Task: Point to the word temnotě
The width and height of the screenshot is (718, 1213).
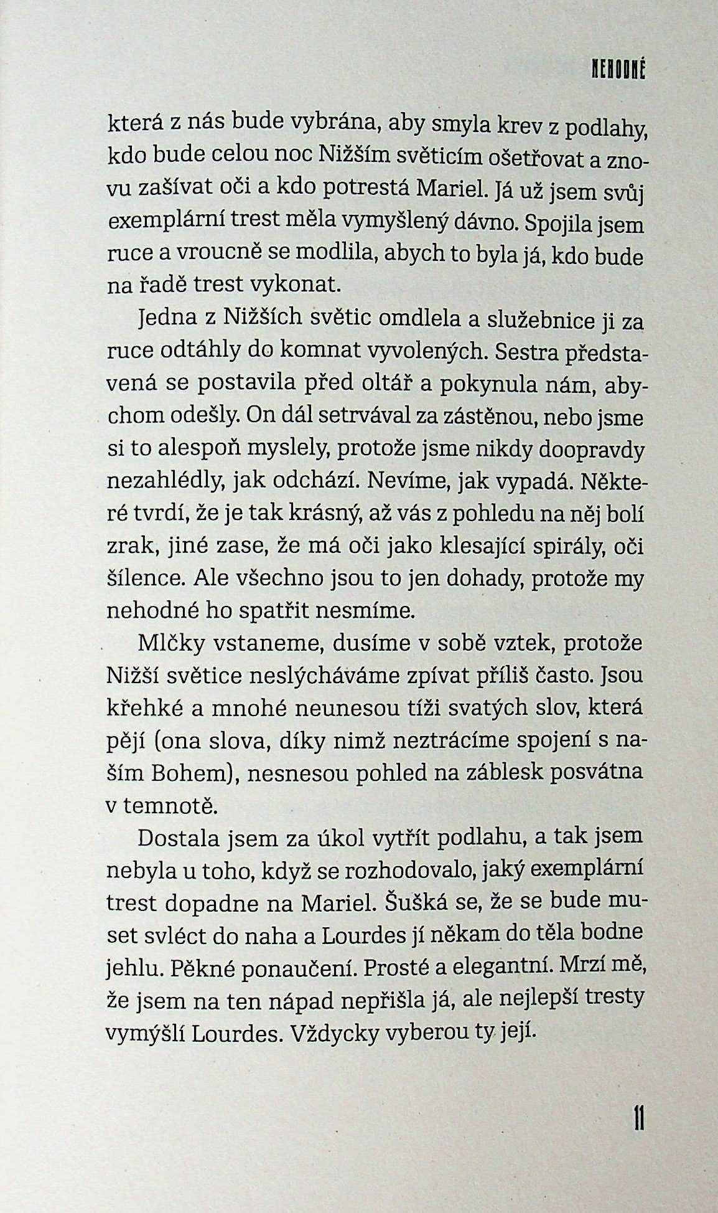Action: coord(169,806)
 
